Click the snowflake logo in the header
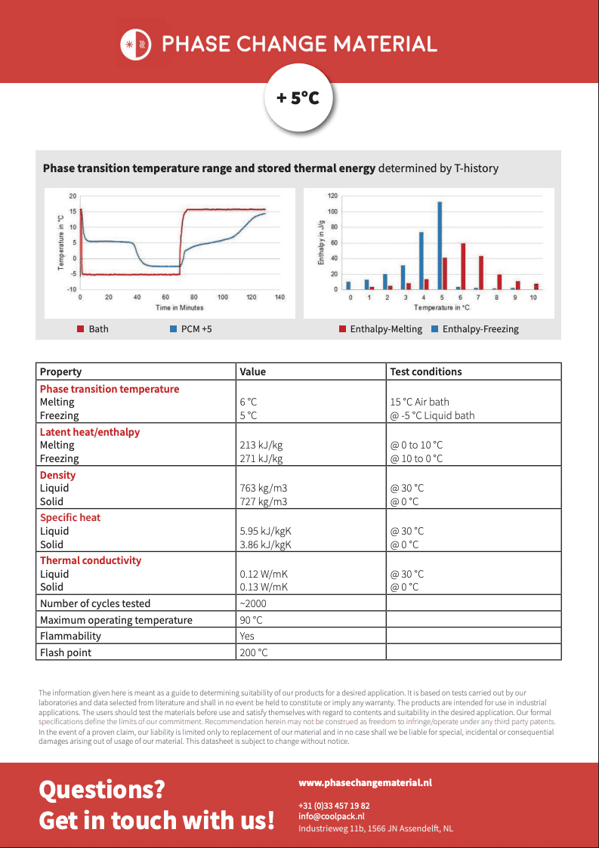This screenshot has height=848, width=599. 136,45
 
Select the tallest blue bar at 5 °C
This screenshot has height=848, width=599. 440,245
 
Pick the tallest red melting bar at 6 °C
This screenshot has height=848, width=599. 463,266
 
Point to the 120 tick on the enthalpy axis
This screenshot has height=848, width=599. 332,196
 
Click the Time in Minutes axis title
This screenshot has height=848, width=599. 180,308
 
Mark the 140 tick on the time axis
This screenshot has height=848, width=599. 279,298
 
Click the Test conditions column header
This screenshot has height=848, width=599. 426,372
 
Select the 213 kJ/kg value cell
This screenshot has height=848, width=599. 261,446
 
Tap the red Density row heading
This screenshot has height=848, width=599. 58,475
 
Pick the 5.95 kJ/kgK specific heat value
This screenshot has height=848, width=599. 265,531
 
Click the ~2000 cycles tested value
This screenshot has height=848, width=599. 252,603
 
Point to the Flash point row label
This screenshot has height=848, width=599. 66,652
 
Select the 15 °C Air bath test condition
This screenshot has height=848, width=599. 430,402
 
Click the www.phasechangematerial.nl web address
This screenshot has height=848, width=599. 365,784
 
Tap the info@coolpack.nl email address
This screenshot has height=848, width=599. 332,816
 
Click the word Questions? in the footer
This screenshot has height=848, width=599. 102,790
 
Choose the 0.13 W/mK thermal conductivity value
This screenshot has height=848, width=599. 264,587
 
